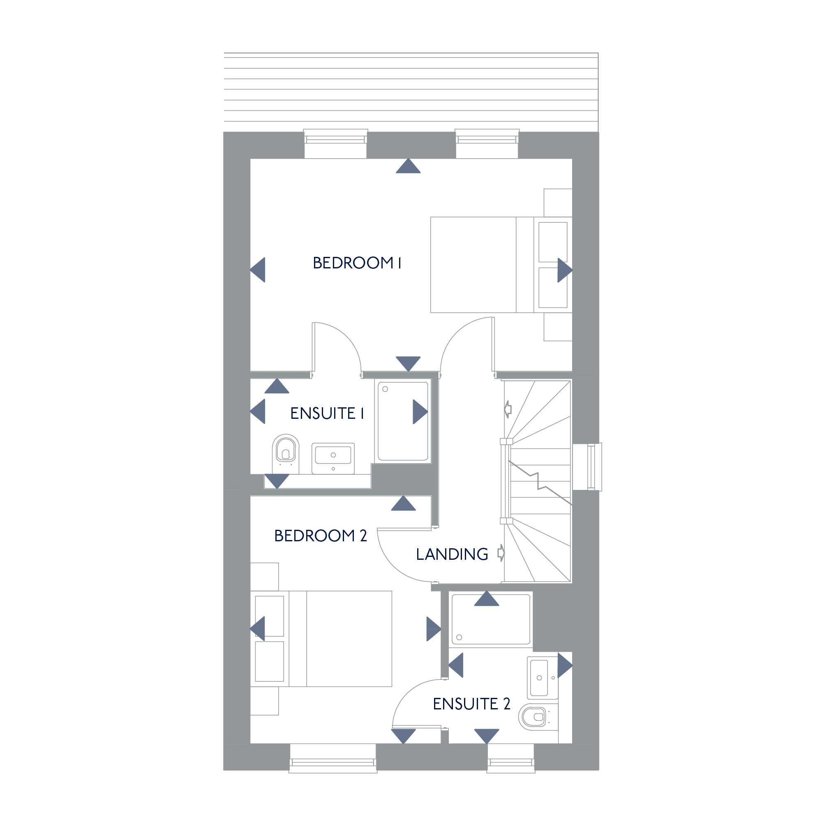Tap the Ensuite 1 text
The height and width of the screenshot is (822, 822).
pos(327,413)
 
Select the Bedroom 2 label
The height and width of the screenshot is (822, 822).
pos(321,536)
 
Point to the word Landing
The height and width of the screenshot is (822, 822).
pos(452,554)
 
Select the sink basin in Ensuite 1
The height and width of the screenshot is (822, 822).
pos(333,458)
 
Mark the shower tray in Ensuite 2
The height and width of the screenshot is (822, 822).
pos(491,619)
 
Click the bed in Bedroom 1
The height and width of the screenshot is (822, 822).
pos(501,265)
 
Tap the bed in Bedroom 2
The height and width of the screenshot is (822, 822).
pos(321,639)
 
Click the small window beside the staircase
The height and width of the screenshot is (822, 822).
pos(588,467)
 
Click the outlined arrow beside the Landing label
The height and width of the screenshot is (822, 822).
pos(501,553)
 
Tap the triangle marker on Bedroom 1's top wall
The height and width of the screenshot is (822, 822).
pos(408,166)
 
